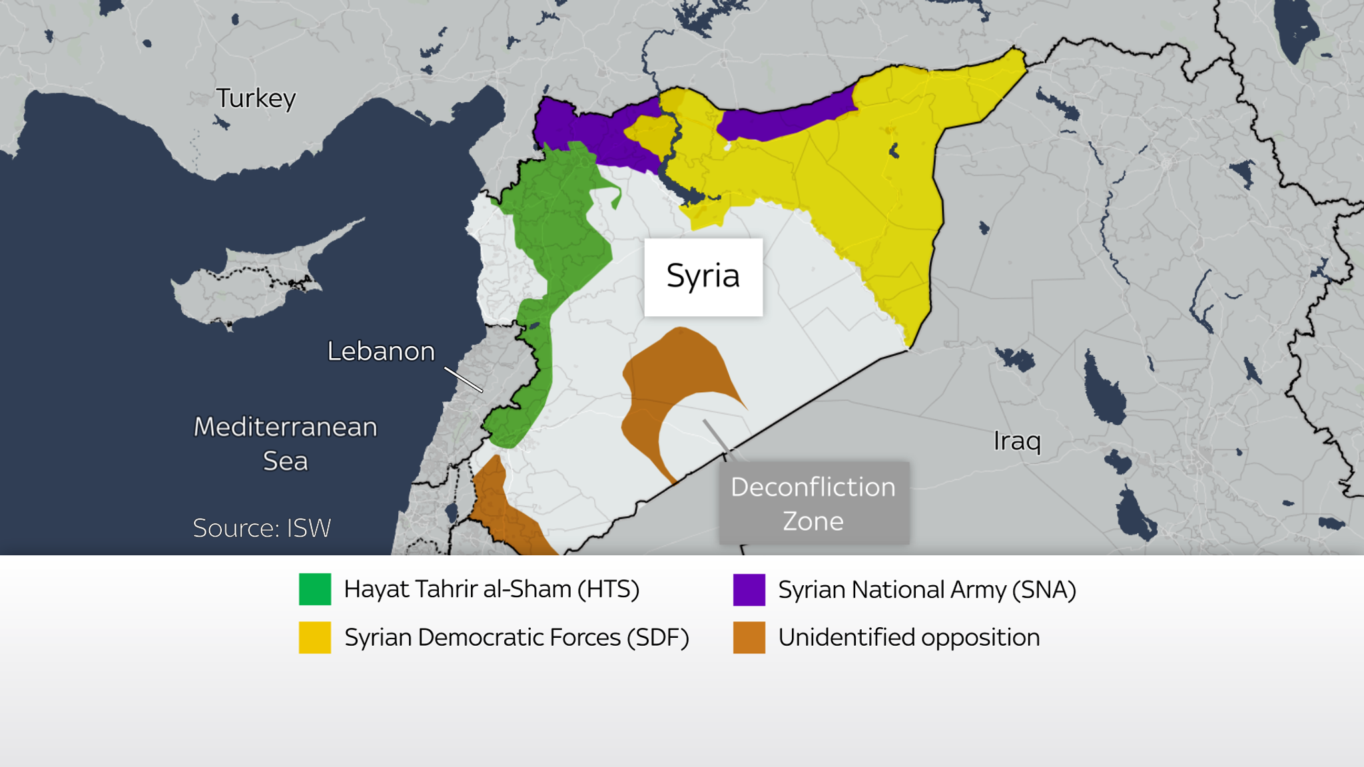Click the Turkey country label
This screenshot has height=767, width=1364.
(x=256, y=99)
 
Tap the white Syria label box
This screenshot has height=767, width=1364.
(x=703, y=276)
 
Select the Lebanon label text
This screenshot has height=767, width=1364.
(x=380, y=351)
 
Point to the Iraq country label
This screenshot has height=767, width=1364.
(x=1016, y=440)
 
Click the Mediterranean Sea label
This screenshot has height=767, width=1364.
(x=285, y=443)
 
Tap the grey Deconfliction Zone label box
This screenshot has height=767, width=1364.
(x=813, y=503)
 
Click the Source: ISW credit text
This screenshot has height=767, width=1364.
(x=262, y=528)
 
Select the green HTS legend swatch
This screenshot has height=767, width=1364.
(x=314, y=589)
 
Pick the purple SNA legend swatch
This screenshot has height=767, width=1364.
(x=749, y=589)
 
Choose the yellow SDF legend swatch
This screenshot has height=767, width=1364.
(x=314, y=637)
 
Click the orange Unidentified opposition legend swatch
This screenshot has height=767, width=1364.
(x=749, y=637)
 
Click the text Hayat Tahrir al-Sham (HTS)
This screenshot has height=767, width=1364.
(x=492, y=589)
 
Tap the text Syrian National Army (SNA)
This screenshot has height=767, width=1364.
(x=926, y=590)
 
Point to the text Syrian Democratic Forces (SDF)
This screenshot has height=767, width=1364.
(x=516, y=638)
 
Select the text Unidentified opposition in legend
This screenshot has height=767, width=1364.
(x=908, y=638)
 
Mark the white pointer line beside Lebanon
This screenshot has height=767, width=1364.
(x=464, y=380)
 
